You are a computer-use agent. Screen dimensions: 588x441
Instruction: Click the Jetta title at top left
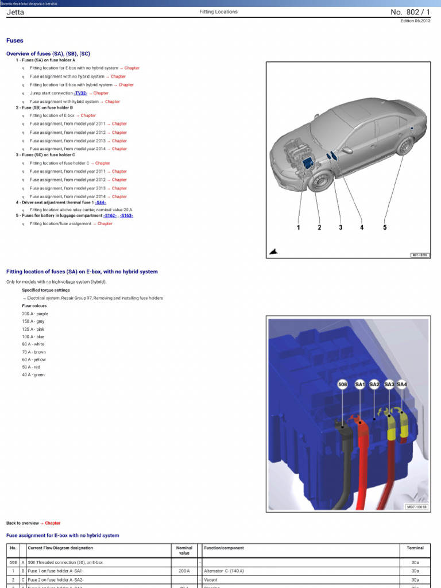coord(15,11)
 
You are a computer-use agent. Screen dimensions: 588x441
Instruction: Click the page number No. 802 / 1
coord(410,11)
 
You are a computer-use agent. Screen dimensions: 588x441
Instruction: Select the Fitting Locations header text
coord(218,11)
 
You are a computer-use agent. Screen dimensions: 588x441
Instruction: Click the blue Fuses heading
coord(15,41)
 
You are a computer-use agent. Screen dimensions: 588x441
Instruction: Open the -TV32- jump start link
coord(80,93)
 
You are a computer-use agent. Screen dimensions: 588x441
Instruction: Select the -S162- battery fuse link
coord(110,215)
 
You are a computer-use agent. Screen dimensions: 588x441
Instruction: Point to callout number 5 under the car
coord(385,227)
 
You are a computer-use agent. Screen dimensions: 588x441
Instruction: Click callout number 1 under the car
coord(299,227)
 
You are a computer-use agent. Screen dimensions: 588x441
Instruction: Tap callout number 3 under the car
coord(341,227)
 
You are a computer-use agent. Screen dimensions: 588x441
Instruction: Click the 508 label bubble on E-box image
coord(343,384)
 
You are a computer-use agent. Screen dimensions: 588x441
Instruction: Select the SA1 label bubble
coord(360,384)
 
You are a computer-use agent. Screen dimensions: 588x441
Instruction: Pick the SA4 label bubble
coord(402,384)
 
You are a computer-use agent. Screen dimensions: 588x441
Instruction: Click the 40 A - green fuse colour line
coord(33,375)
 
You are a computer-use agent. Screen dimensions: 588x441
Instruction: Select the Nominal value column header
coord(184,550)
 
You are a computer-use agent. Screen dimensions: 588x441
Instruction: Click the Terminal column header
coord(415,548)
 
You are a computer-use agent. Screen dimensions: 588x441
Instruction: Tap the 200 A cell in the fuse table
coord(184,571)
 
